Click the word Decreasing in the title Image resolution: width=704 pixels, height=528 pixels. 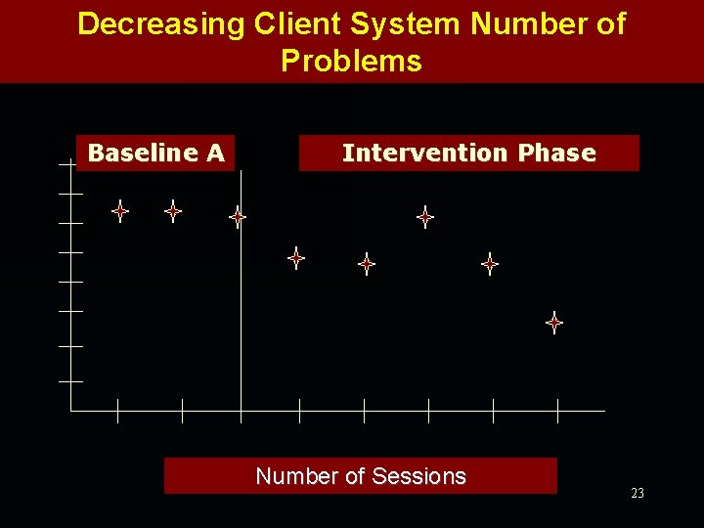[160, 24]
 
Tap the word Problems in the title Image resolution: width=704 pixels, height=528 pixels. [351, 61]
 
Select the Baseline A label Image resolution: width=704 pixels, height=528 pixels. [156, 153]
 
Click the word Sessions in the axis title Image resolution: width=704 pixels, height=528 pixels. [418, 476]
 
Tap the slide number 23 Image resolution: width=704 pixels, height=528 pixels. [638, 493]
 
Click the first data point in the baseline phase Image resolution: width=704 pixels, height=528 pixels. [120, 210]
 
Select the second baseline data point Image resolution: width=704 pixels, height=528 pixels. [173, 210]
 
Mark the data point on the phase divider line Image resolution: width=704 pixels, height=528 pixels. [238, 217]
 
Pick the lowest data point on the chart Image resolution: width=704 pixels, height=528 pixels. [554, 322]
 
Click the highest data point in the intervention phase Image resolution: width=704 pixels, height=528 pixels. [425, 217]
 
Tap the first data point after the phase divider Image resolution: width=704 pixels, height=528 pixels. [296, 258]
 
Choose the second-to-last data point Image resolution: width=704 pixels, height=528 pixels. [490, 263]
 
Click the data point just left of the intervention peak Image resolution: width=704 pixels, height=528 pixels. [367, 263]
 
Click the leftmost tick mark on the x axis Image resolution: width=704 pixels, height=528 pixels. [117, 411]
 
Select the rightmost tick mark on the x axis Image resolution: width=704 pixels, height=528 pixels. [557, 411]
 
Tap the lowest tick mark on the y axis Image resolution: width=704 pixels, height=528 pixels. [70, 380]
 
